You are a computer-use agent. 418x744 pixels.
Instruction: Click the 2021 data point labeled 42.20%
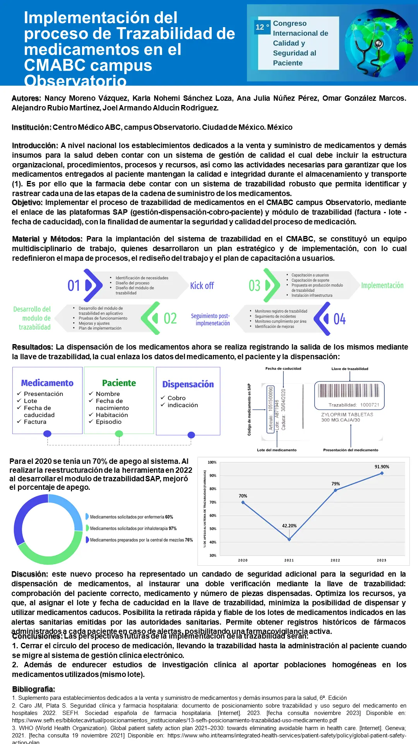[289, 539]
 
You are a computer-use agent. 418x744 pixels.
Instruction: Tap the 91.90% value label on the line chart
[382, 467]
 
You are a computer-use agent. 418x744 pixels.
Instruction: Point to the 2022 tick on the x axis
[335, 560]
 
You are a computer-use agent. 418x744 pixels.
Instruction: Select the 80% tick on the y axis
[212, 489]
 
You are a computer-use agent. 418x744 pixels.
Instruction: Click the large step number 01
[74, 286]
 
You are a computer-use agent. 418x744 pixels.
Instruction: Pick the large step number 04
[339, 319]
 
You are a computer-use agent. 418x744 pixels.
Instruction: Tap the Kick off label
[202, 286]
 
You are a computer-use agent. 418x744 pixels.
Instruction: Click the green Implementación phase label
[382, 286]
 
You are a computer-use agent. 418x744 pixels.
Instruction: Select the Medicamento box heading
[47, 383]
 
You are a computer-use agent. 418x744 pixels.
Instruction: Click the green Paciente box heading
[119, 383]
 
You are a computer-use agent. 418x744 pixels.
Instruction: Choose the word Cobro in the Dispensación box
[176, 398]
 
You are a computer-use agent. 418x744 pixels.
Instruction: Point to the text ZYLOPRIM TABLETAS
[347, 415]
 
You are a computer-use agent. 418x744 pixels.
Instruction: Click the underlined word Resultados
[33, 347]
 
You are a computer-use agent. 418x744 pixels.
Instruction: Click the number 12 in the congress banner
[260, 27]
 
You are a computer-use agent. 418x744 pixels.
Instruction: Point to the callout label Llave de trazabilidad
[349, 369]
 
